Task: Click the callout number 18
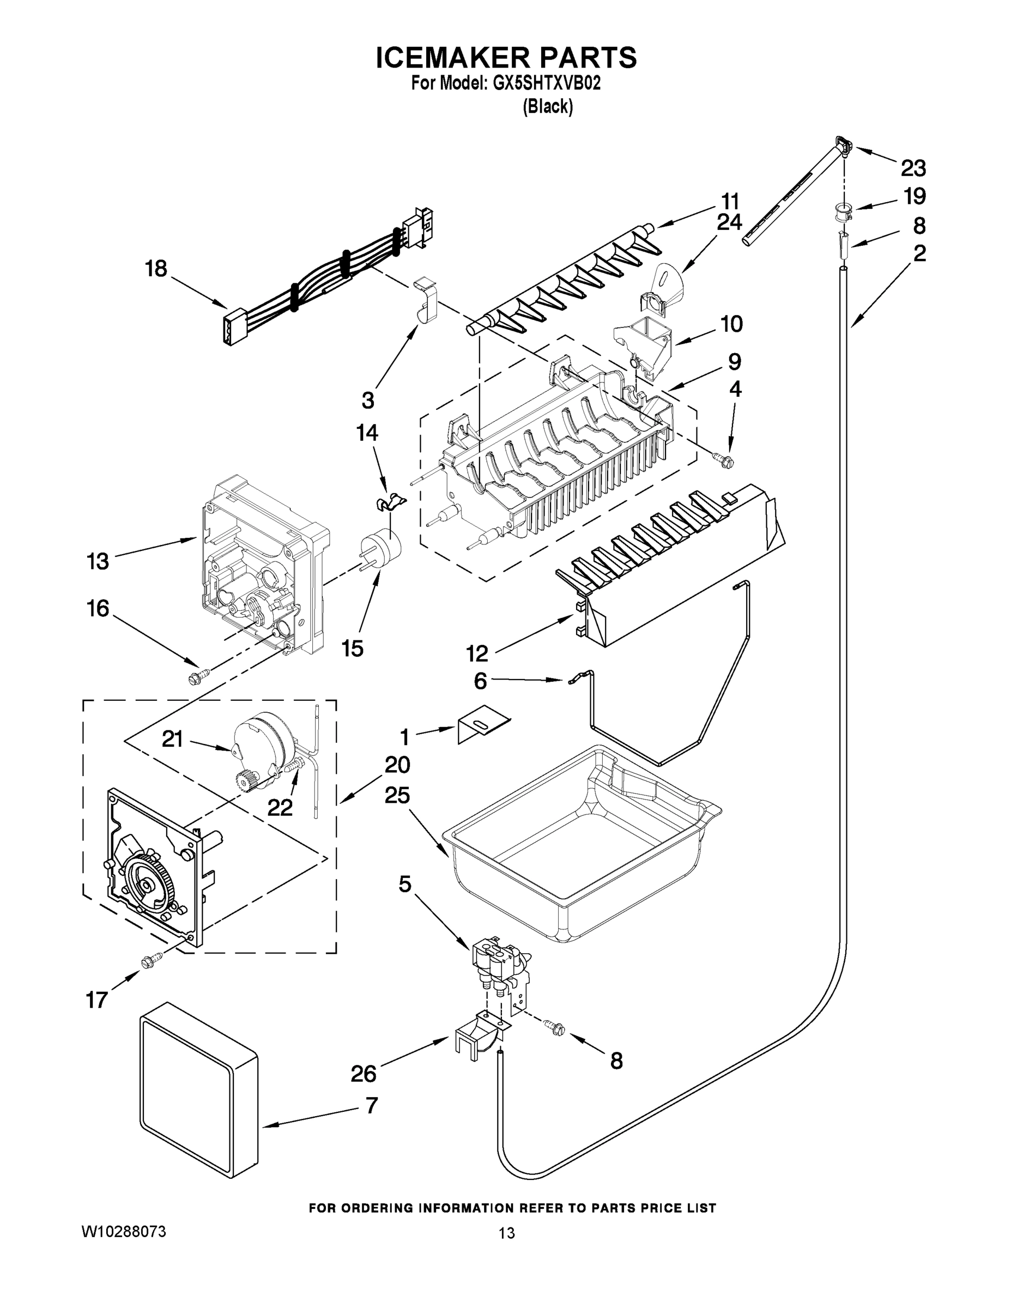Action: [156, 269]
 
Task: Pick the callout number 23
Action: [913, 168]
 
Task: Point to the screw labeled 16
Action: [198, 677]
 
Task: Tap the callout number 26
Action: [364, 1074]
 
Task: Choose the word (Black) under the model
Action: [547, 107]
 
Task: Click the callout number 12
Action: [477, 653]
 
